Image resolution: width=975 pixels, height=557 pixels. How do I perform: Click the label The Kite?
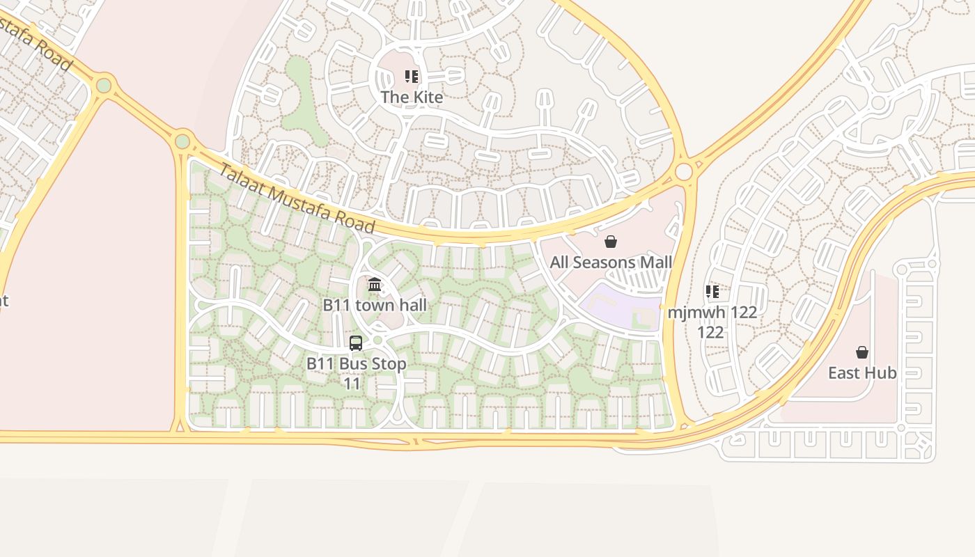tap(412, 97)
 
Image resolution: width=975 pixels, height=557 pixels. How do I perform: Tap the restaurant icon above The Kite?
tap(412, 77)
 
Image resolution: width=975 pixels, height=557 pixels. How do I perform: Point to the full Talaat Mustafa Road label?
tap(297, 198)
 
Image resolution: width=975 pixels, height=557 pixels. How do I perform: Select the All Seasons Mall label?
tap(611, 262)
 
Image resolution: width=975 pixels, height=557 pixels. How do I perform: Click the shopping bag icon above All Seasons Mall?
tap(611, 242)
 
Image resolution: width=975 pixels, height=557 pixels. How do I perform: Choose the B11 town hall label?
tap(375, 305)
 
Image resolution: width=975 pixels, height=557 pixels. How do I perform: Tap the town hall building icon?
tap(375, 284)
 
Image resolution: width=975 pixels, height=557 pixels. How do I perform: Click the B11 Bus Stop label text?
tap(356, 363)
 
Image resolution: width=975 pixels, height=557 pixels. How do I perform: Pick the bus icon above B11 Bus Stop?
tap(356, 343)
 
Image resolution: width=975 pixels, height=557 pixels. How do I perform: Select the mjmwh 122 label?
tap(712, 313)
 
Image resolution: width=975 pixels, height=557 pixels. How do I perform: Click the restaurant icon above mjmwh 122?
tap(712, 291)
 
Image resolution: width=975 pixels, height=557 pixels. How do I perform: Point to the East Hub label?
tap(862, 372)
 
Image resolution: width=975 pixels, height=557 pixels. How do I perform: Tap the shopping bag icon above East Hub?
tap(862, 352)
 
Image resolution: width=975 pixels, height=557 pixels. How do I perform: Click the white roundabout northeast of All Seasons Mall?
tap(684, 171)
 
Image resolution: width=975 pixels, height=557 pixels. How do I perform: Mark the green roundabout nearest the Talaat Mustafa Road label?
tap(182, 141)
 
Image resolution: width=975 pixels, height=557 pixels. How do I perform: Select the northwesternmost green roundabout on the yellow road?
tap(104, 86)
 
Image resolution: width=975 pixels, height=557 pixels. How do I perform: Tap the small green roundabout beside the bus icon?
tap(377, 340)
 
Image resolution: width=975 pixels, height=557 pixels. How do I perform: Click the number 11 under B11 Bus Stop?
tap(352, 384)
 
